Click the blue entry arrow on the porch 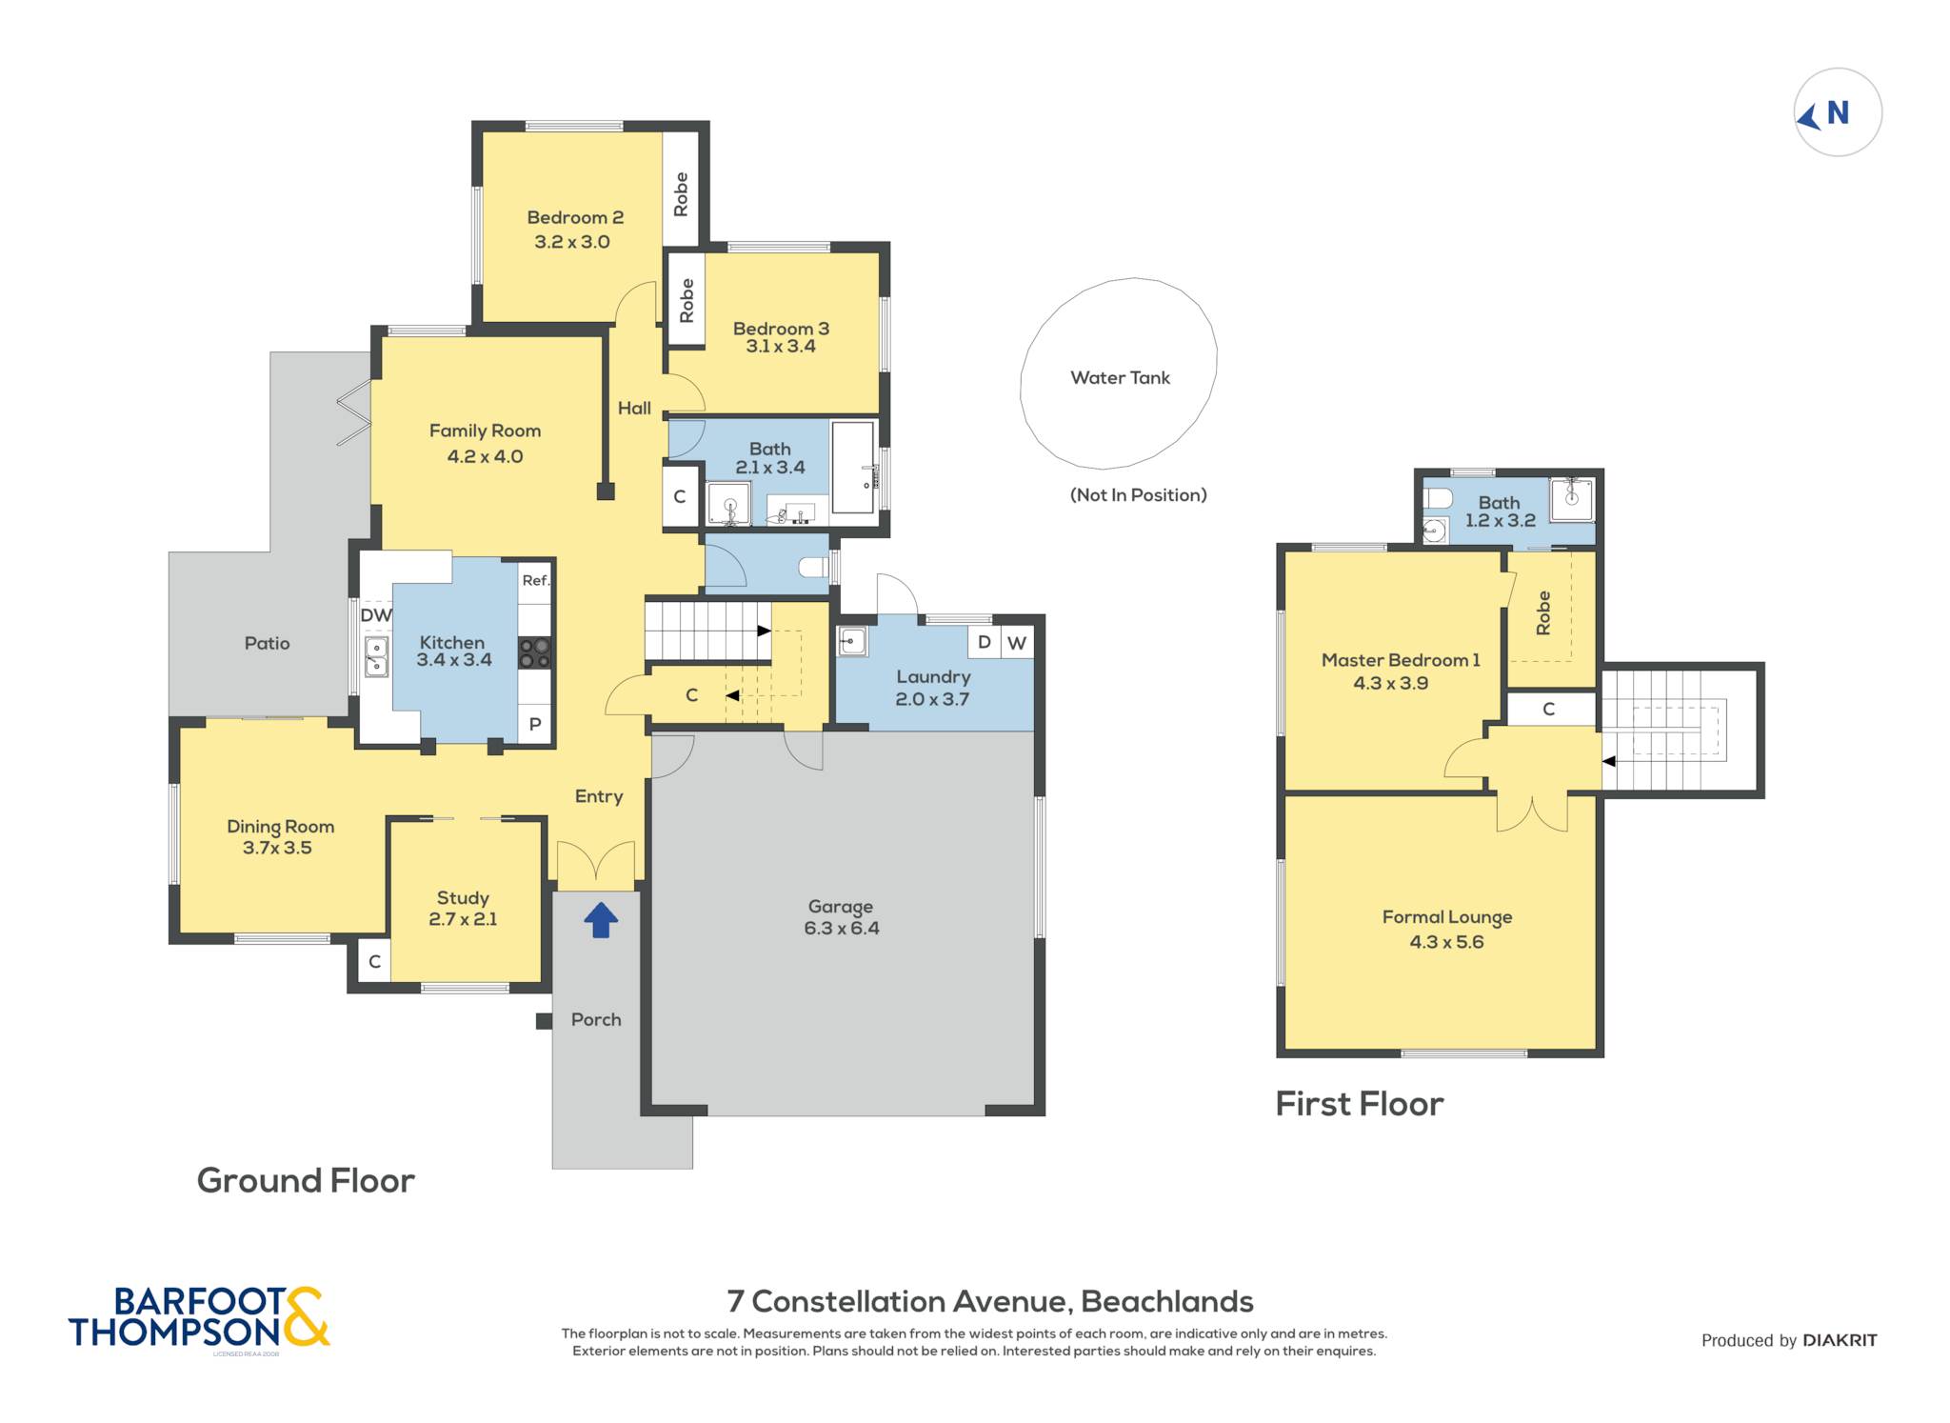(601, 920)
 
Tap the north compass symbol (1838, 112)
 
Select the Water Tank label (1120, 378)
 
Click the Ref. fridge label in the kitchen (536, 580)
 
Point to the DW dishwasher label (376, 615)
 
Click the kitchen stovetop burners (535, 652)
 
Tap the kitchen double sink (377, 657)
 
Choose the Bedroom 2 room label (575, 218)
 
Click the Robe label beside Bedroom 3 (686, 300)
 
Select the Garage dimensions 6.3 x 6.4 (842, 929)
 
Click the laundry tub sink (852, 642)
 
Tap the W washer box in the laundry (1017, 643)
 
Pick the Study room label (463, 898)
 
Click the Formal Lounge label (1447, 917)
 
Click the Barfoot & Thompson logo (199, 1318)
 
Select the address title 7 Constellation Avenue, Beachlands (990, 1301)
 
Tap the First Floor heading (1360, 1104)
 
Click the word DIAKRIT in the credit (1840, 1340)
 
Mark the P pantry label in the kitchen (535, 724)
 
